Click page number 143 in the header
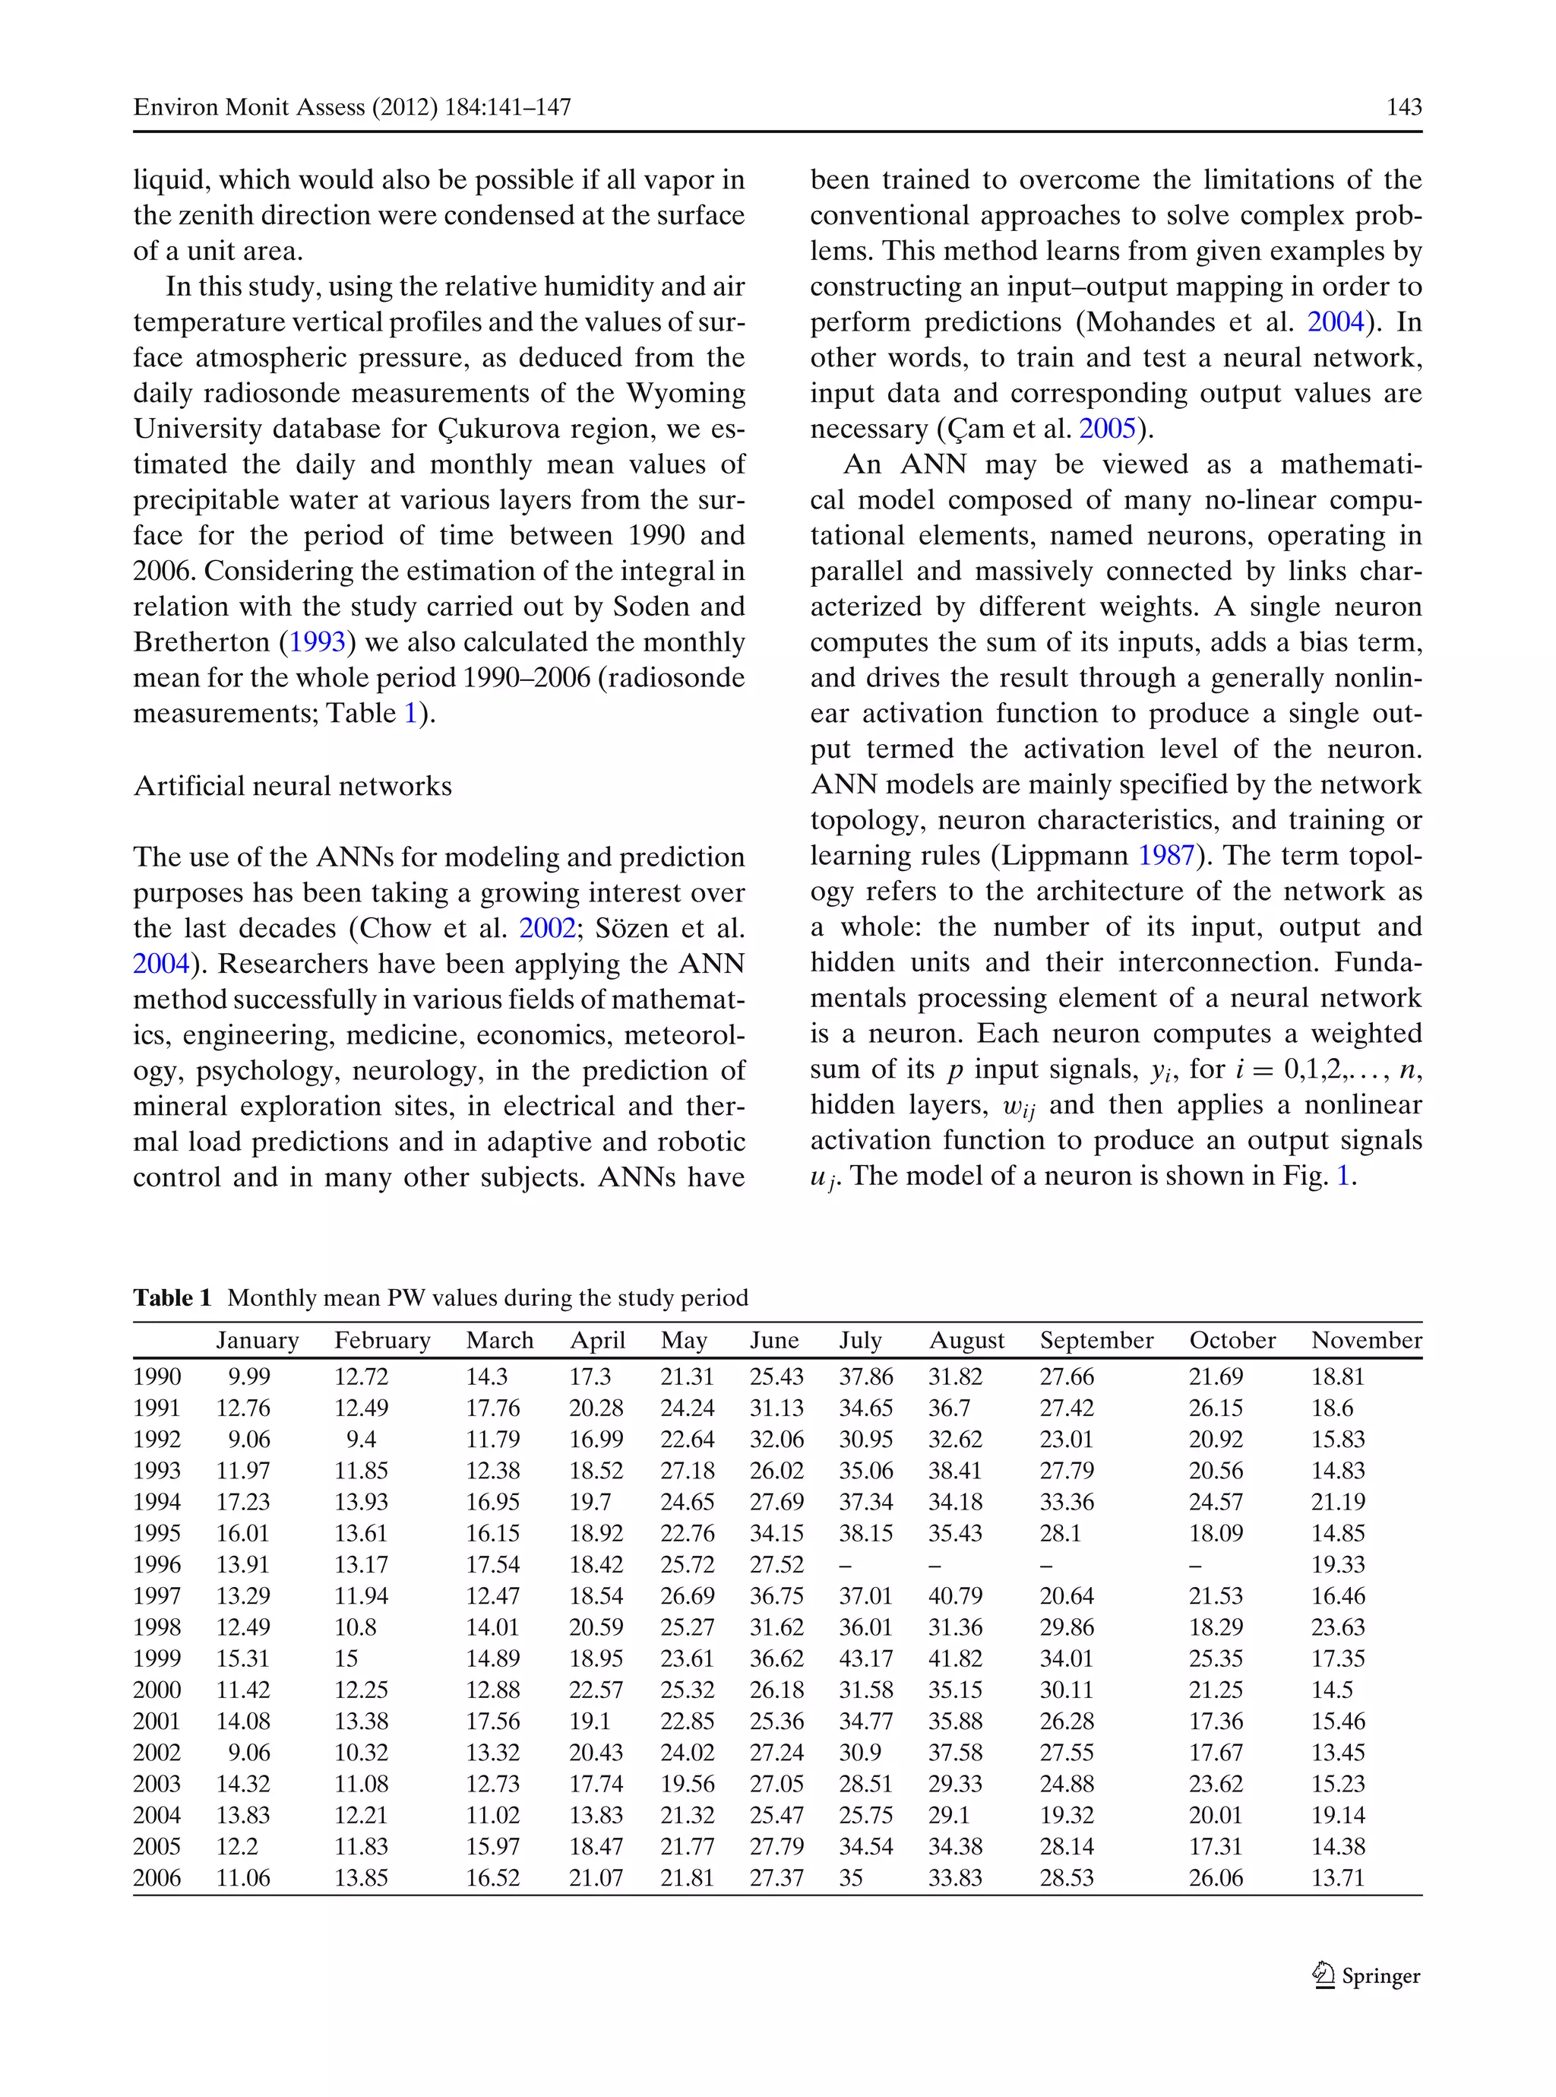1403,107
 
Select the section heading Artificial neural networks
292,786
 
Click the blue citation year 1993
317,642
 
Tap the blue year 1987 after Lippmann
1166,855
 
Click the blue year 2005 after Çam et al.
1107,429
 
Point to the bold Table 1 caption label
172,1298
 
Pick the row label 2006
157,1877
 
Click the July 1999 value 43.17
865,1658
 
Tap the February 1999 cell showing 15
346,1658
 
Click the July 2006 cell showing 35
850,1877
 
